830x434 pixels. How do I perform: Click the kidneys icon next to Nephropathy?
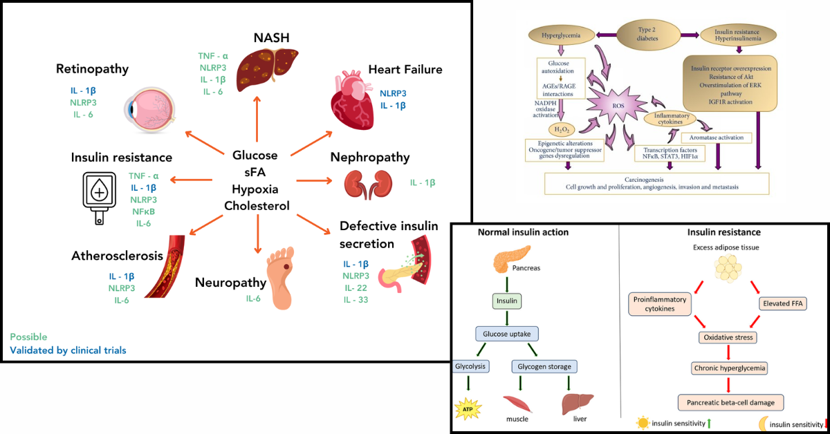pyautogui.click(x=365, y=183)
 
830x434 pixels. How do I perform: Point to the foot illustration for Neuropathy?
pyautogui.click(x=286, y=282)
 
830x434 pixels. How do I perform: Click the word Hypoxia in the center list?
pyautogui.click(x=255, y=188)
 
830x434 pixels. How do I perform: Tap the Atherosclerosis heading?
pyautogui.click(x=117, y=256)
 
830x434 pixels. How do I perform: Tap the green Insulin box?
pyautogui.click(x=508, y=301)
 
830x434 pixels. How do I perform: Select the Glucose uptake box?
pyautogui.click(x=508, y=334)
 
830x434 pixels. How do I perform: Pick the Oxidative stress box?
pyautogui.click(x=729, y=337)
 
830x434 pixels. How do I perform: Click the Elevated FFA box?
pyautogui.click(x=784, y=303)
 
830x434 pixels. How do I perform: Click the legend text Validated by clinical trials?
pyautogui.click(x=68, y=350)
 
